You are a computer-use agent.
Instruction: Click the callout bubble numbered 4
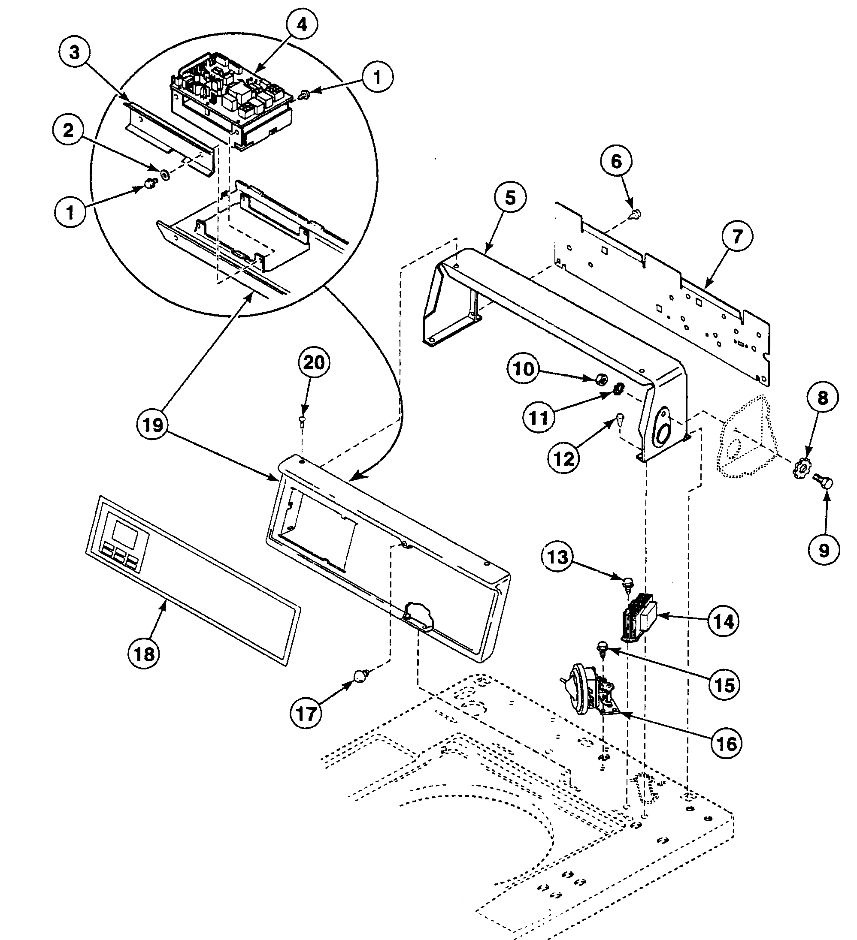302,24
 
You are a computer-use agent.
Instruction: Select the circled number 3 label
75,53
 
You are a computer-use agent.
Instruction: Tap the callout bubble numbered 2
69,130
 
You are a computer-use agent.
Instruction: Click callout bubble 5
510,198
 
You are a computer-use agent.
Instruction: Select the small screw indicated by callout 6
636,214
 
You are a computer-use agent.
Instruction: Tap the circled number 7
737,237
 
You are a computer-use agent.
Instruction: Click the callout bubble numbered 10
523,369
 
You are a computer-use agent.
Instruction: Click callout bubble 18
144,654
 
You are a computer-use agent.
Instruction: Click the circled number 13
557,557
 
